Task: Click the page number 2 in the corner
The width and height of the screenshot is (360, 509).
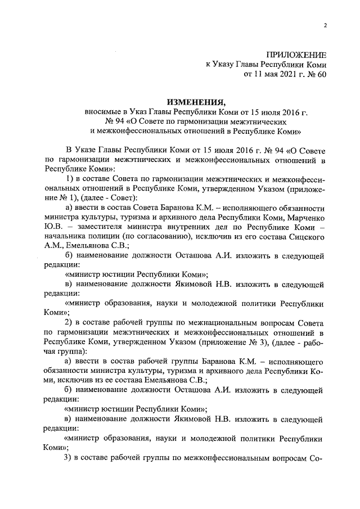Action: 325,25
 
